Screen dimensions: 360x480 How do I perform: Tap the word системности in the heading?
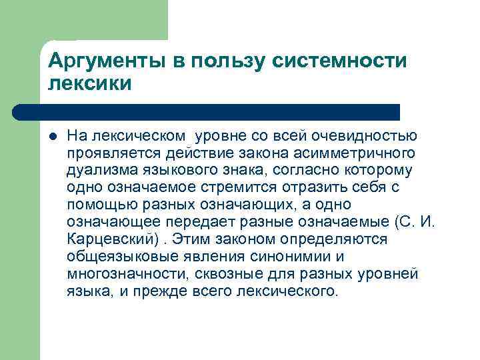pyautogui.click(x=340, y=63)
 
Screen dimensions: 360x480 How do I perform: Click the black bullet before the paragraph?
pyautogui.click(x=53, y=137)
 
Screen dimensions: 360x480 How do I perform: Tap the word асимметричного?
pyautogui.click(x=361, y=153)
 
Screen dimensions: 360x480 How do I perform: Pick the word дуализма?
pyautogui.click(x=95, y=171)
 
